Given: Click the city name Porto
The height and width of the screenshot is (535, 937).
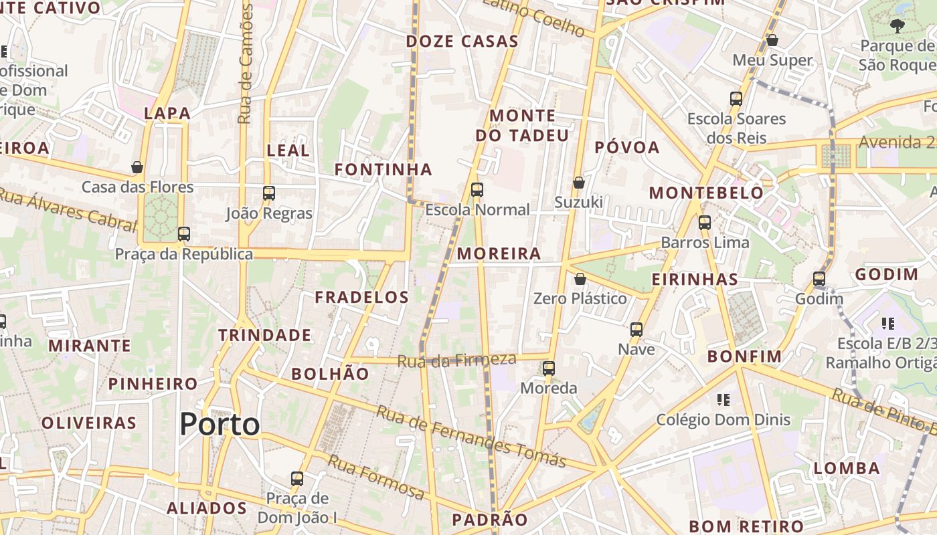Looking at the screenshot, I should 220,425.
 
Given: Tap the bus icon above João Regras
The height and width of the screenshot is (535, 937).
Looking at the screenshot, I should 269,193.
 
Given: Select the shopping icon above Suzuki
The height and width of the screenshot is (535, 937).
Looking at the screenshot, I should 579,183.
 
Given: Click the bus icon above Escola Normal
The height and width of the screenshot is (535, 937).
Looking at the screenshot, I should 477,190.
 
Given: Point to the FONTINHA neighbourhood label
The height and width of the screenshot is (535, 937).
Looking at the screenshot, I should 384,170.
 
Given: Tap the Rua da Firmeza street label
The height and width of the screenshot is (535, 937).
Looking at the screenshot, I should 456,360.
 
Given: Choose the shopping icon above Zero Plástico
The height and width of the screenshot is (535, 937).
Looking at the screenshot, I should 580,279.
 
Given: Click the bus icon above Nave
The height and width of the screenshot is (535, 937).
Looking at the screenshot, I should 636,330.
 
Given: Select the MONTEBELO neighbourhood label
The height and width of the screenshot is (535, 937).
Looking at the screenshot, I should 706,193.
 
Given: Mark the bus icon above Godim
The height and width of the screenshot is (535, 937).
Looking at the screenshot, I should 819,279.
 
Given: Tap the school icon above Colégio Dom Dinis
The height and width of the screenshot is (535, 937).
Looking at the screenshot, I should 723,400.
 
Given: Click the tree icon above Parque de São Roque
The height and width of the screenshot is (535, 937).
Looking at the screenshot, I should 897,26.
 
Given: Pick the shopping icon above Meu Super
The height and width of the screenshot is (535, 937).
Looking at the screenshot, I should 772,41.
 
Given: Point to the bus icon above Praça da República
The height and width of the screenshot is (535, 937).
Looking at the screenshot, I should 184,234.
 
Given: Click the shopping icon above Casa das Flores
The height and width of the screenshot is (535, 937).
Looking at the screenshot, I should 137,167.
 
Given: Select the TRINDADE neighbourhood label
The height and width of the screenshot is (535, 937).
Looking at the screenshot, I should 265,336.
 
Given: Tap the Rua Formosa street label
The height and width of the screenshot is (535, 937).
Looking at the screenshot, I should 375,477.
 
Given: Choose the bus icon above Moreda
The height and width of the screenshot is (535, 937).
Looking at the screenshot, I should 549,368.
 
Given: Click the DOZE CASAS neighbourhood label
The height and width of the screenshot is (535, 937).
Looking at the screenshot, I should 462,41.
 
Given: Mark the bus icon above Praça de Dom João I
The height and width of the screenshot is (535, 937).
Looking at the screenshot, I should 297,479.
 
